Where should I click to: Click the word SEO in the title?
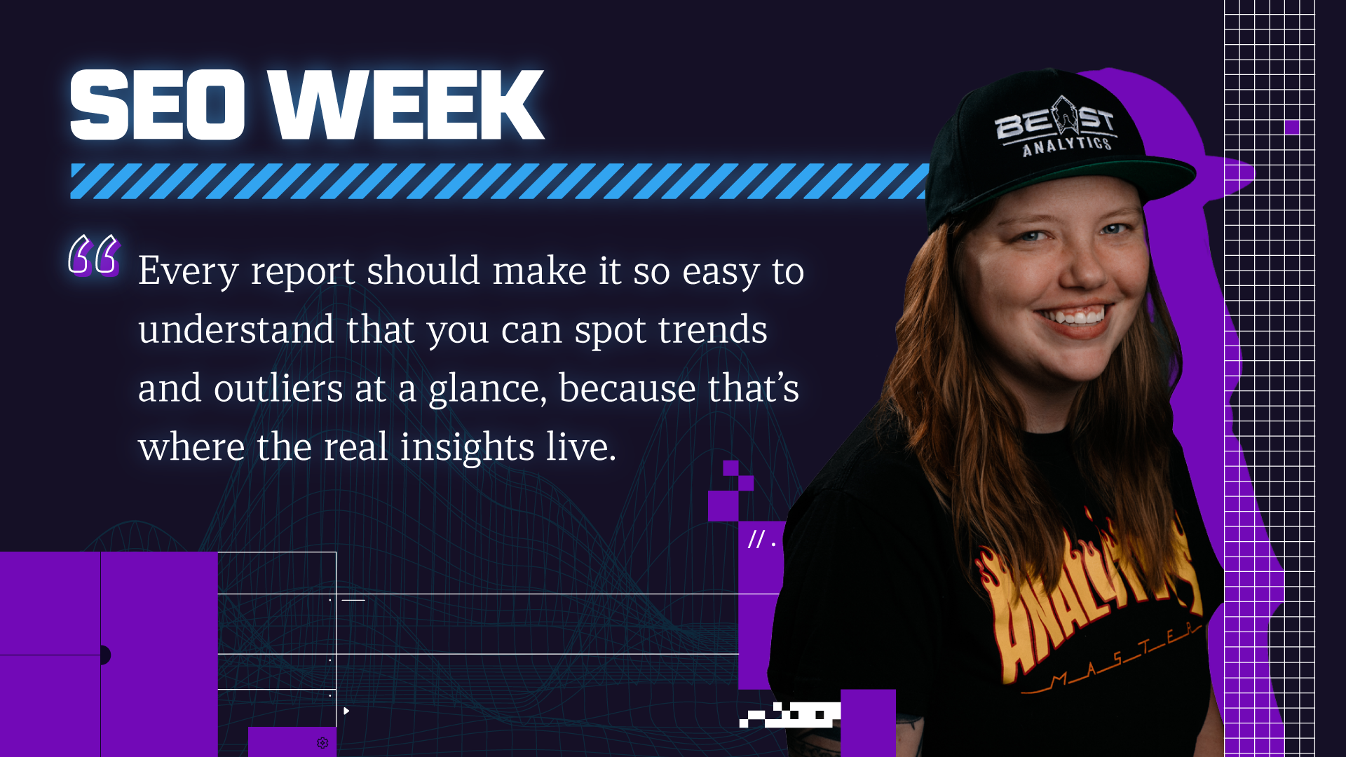[x=157, y=105]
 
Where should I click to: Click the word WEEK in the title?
[x=407, y=105]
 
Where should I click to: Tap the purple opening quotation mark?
[x=94, y=255]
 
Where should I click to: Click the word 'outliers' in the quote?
[x=278, y=388]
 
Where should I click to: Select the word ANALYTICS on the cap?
[x=1067, y=146]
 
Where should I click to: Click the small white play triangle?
[x=346, y=711]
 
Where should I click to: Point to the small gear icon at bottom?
[x=322, y=743]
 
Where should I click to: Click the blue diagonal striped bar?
[x=500, y=182]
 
